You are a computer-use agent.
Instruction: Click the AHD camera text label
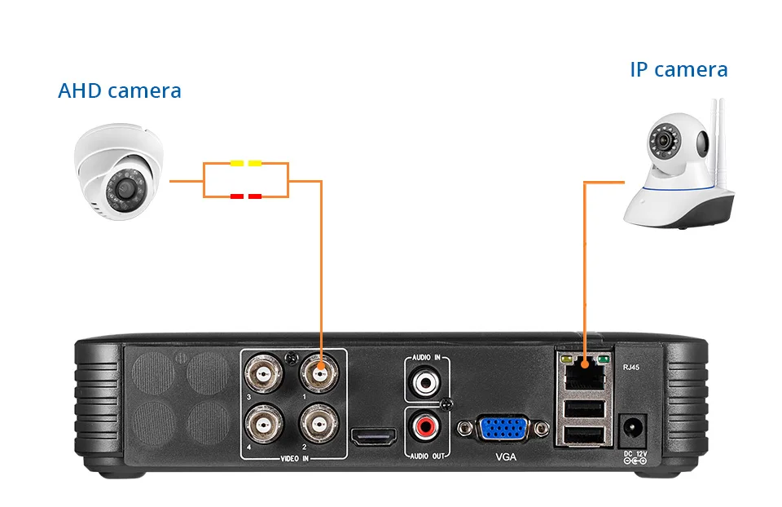point(120,90)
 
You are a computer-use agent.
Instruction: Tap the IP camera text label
point(679,69)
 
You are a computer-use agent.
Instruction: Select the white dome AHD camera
point(119,171)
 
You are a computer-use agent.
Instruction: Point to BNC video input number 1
point(319,373)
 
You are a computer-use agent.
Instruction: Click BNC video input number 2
point(319,424)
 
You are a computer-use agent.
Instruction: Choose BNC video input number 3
point(263,373)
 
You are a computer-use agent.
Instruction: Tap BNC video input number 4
point(263,424)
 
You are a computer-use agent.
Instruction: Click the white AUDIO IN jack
point(425,382)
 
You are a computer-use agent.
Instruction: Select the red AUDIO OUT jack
point(425,426)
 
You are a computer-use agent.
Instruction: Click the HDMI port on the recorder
point(374,437)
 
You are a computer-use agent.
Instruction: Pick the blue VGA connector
point(503,428)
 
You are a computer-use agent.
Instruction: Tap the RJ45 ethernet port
point(585,373)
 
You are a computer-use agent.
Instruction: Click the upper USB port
point(585,409)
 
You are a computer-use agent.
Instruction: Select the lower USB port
point(585,435)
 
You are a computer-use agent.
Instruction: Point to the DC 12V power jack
point(634,429)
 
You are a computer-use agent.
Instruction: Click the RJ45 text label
point(630,368)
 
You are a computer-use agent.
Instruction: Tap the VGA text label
point(506,456)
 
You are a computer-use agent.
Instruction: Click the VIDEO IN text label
point(294,458)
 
